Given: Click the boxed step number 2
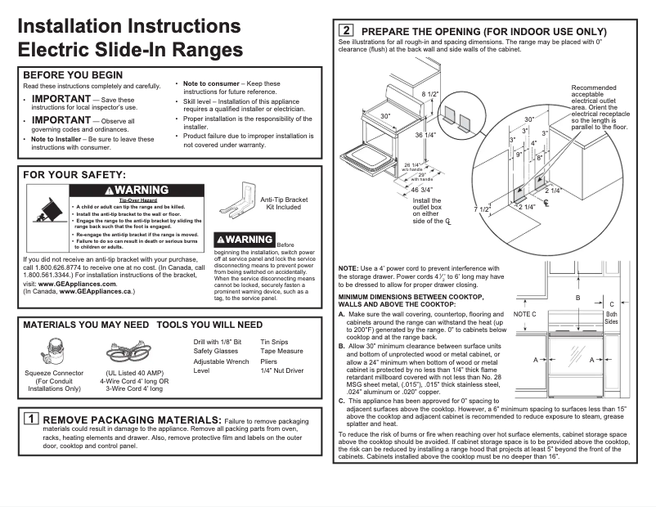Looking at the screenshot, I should coord(345,30).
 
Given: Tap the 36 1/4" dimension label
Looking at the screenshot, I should coord(429,135).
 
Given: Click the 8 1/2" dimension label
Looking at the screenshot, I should coord(430,95).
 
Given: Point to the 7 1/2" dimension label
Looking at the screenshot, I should coord(483,209).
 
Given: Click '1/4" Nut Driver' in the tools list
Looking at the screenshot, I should coord(282,370).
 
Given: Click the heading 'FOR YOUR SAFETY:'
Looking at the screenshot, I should coord(74,175).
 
